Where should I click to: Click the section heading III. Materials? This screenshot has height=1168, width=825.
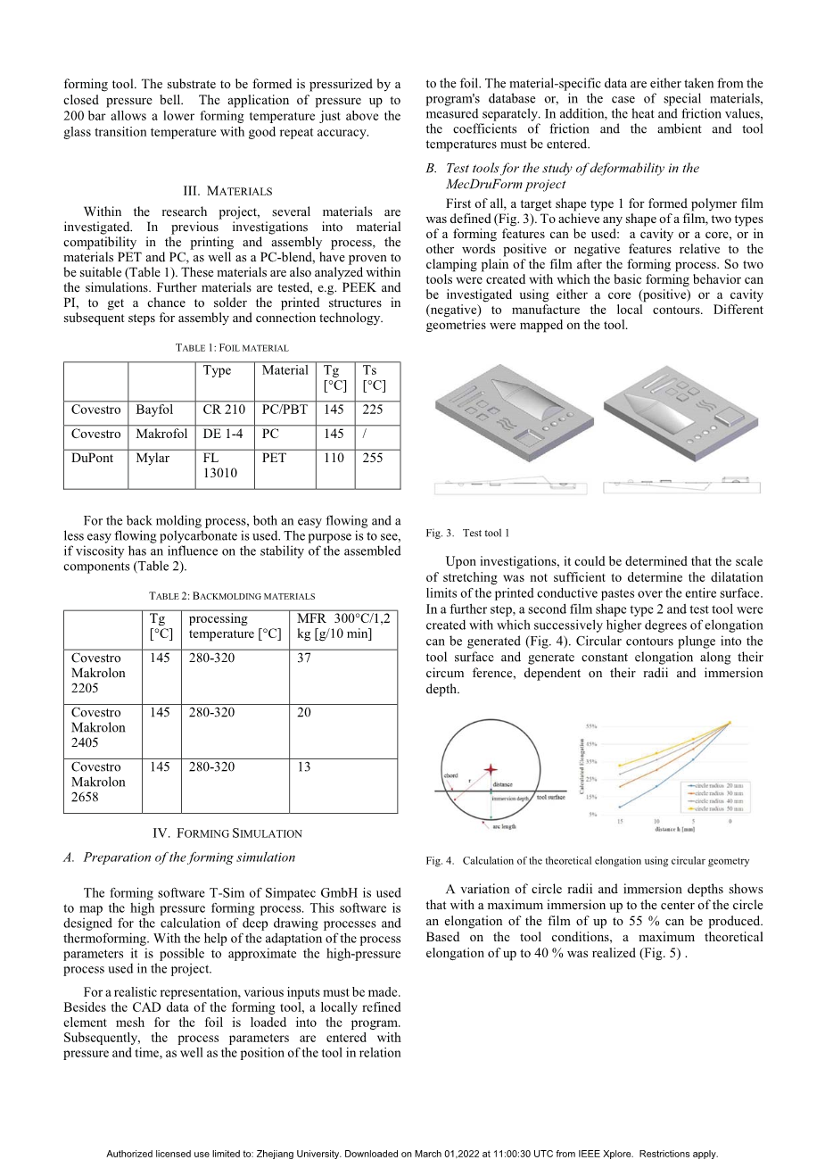click(x=227, y=191)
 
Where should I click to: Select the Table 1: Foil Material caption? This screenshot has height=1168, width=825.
click(x=232, y=347)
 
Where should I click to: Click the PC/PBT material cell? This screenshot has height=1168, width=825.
click(x=285, y=410)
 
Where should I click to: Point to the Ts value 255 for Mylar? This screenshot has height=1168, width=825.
click(x=373, y=458)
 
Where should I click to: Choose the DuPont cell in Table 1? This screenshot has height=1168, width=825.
click(x=93, y=458)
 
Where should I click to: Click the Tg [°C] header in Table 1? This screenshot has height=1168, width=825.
click(x=335, y=377)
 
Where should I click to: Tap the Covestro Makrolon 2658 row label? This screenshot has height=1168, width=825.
click(x=98, y=782)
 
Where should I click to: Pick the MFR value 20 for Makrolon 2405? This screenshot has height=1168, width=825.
click(x=304, y=712)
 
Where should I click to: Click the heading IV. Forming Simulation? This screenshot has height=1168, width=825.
click(x=227, y=833)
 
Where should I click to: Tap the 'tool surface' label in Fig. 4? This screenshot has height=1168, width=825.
click(x=550, y=797)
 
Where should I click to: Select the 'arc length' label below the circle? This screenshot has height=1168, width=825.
click(x=504, y=827)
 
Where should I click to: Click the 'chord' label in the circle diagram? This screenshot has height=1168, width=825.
click(x=450, y=775)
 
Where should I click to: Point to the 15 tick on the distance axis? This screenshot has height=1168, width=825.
click(x=620, y=821)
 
